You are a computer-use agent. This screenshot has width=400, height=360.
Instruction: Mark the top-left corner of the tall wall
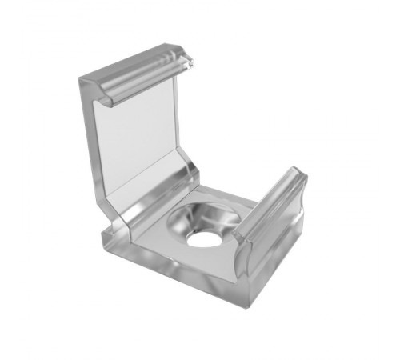(x=82, y=80)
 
